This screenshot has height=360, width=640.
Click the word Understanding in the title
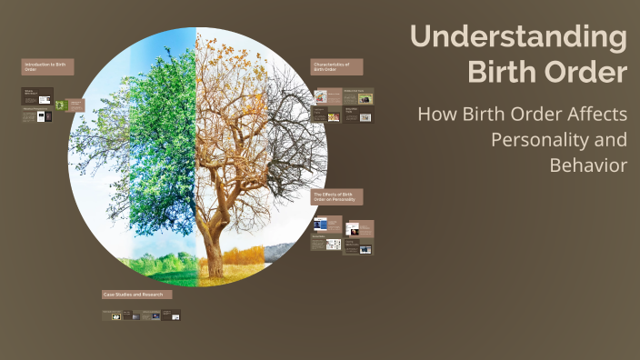(518, 38)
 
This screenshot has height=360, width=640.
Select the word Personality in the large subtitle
(558, 141)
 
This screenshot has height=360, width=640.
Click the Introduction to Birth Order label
(48, 66)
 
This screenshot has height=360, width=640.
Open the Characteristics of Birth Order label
(336, 66)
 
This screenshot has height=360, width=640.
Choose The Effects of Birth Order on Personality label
(336, 197)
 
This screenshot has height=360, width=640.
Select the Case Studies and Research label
(136, 295)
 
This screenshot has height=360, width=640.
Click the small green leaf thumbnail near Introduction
(60, 105)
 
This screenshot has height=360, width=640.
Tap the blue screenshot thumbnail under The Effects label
(321, 224)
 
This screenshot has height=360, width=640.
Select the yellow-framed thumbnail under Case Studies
(116, 315)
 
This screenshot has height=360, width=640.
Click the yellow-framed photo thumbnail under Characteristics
(365, 116)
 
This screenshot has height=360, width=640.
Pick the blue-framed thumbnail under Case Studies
(155, 315)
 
